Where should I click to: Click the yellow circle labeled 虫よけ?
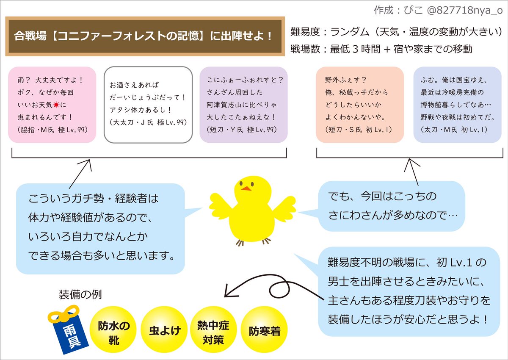[162, 331]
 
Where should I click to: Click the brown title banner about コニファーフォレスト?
[144, 36]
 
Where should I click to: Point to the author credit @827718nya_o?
[436, 9]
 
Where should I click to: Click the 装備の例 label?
[80, 294]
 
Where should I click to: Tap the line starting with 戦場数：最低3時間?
[381, 49]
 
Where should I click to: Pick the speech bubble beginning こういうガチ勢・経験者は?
[101, 227]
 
